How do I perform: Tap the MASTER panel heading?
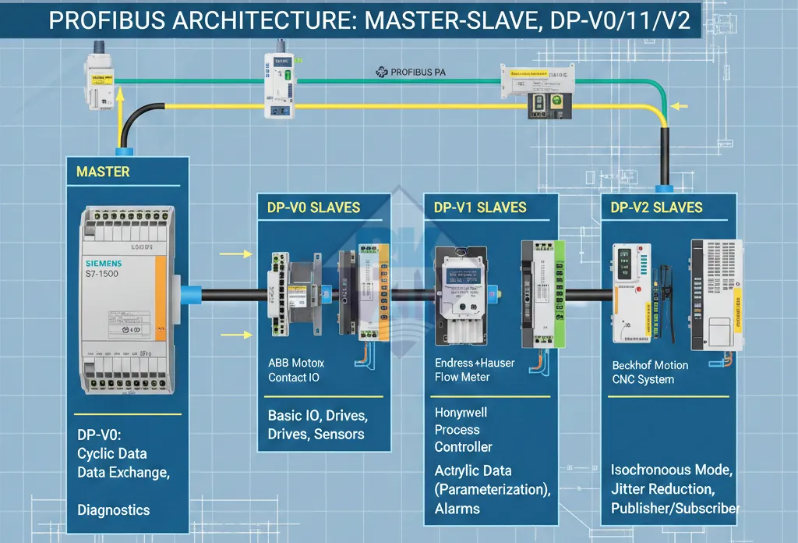pos(103,171)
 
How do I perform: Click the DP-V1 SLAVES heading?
pos(480,208)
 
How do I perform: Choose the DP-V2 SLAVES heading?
pos(656,208)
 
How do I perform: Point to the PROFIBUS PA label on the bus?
pos(407,73)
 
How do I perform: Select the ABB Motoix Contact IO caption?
pos(296,371)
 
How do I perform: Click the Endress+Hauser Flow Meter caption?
pos(474,371)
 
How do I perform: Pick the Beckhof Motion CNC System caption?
pos(650,372)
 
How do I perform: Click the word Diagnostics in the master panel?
pos(114,510)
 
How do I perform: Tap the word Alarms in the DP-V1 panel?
pos(457,509)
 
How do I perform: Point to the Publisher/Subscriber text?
pos(675,509)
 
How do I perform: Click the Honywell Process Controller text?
pos(464,430)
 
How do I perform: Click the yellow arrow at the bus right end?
pos(680,106)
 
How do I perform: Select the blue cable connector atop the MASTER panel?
pos(124,151)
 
